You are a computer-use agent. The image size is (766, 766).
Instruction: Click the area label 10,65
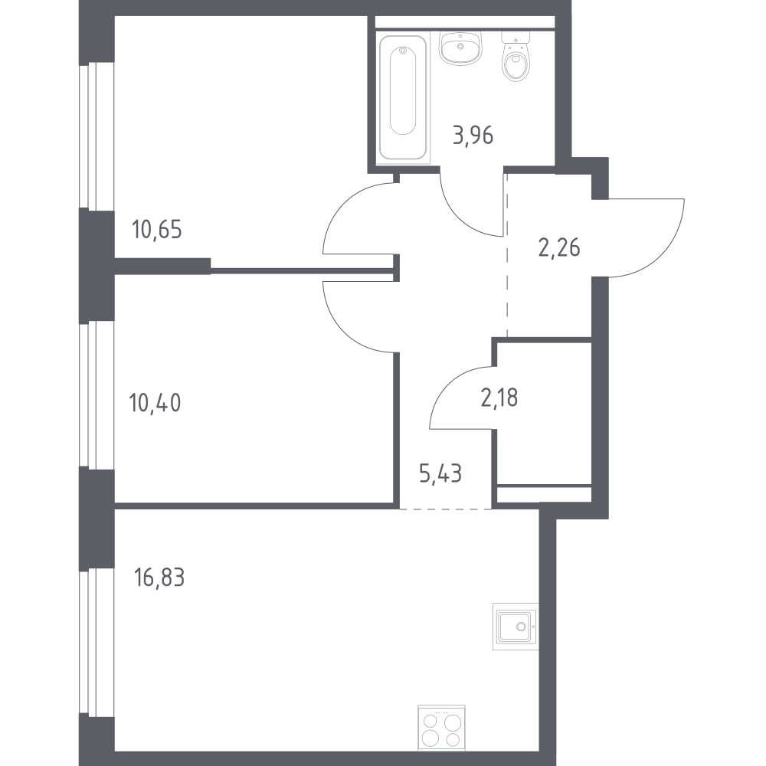(157, 230)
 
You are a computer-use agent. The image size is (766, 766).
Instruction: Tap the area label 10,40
(155, 403)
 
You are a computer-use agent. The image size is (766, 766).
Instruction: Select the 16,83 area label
(159, 578)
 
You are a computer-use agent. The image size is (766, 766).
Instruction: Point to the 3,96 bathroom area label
(473, 136)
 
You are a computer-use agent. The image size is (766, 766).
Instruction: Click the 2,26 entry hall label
(559, 247)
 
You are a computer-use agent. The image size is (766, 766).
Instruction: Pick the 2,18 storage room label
(499, 398)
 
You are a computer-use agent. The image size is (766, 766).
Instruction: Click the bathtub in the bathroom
(403, 97)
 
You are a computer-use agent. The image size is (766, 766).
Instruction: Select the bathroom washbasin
(460, 47)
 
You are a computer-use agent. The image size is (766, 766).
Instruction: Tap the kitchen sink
(516, 626)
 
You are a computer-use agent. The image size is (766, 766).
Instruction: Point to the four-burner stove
(442, 728)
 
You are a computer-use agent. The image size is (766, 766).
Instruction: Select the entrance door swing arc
(662, 254)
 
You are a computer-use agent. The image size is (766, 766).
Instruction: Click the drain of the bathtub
(403, 51)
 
